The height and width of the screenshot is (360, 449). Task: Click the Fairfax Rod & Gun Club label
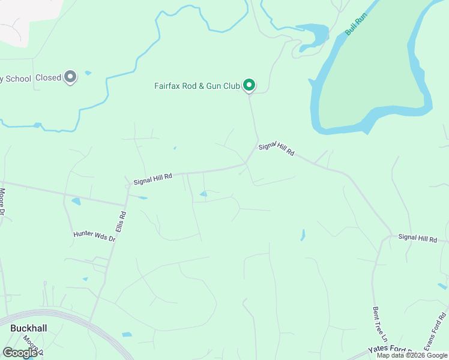(197, 86)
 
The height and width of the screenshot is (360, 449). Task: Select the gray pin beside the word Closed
(70, 77)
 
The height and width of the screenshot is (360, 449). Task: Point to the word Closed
(48, 77)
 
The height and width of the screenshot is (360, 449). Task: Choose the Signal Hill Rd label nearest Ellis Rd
(152, 178)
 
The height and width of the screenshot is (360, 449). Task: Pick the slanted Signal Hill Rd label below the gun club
(276, 149)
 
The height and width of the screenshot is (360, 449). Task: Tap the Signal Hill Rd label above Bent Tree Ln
(418, 239)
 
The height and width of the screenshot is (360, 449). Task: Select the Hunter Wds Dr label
(94, 236)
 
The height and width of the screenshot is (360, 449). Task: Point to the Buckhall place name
(28, 328)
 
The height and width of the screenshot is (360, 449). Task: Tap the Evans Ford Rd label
(435, 331)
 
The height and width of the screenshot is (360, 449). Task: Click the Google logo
(20, 352)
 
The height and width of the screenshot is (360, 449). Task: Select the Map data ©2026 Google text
(412, 355)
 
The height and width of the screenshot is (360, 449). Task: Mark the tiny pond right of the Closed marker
(88, 73)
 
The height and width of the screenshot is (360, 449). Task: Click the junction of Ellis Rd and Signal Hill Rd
(128, 187)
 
